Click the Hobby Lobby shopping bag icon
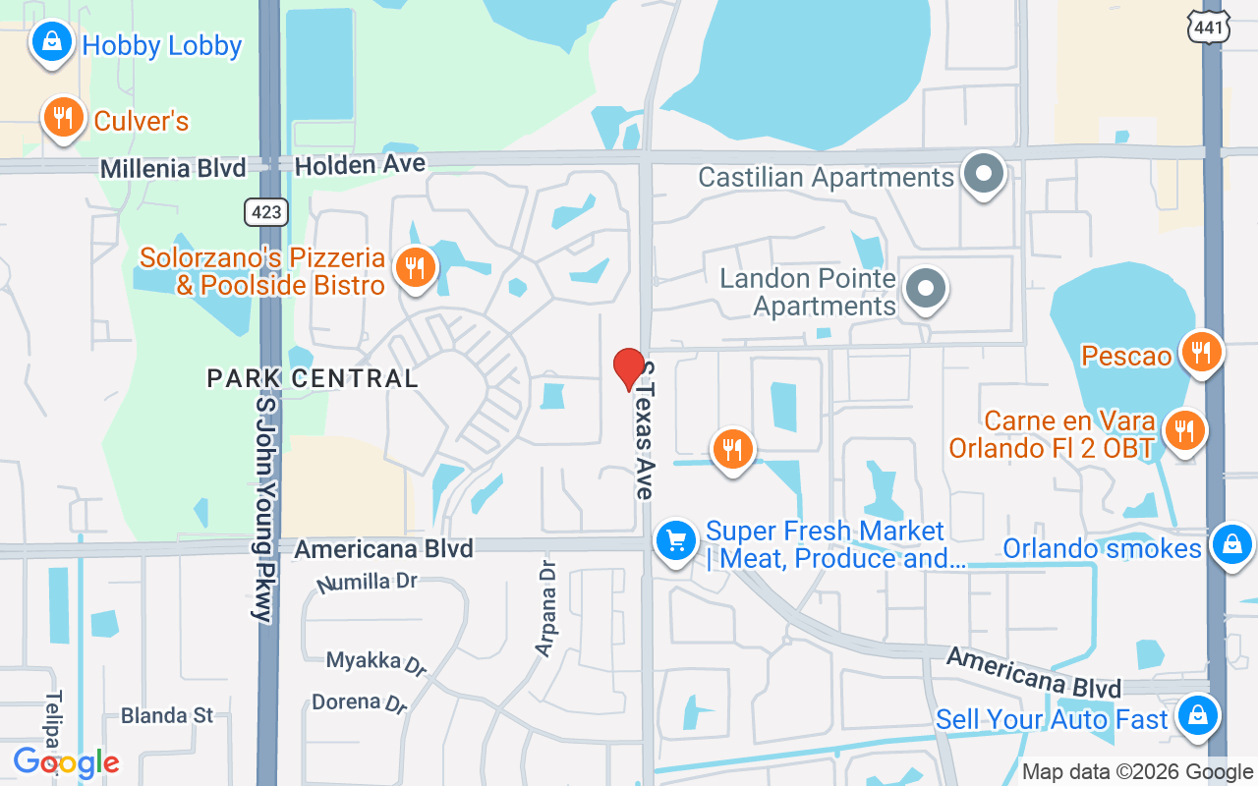(51, 42)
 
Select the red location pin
(629, 368)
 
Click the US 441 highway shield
(1208, 28)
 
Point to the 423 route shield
(265, 211)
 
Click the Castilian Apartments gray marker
(983, 174)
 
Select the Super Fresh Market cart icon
(676, 539)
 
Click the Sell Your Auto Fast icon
(1198, 715)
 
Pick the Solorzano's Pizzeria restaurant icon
(416, 266)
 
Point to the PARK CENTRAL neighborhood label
(313, 378)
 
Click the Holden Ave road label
(361, 165)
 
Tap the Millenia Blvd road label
(173, 169)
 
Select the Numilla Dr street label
(367, 583)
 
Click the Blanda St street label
(167, 715)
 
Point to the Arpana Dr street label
(546, 607)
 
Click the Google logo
(66, 762)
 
